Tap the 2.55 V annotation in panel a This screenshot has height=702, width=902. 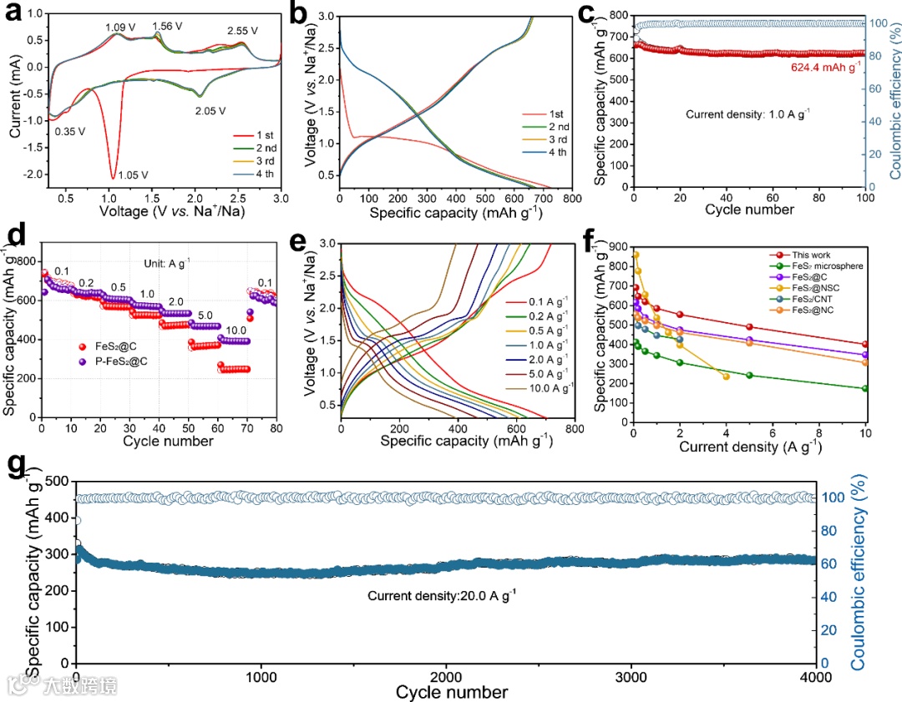(x=243, y=31)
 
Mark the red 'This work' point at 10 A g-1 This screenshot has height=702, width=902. (x=865, y=344)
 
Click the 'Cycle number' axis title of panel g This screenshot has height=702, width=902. (x=451, y=693)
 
